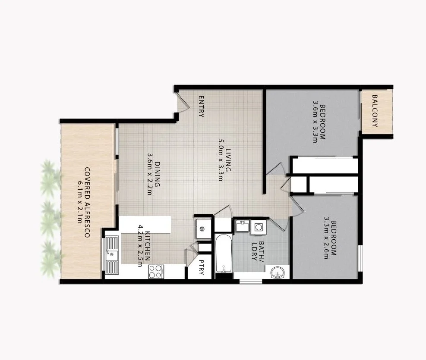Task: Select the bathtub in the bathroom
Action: pyautogui.click(x=224, y=254)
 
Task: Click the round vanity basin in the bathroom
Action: pyautogui.click(x=278, y=272)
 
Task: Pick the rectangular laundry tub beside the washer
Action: pyautogui.click(x=243, y=225)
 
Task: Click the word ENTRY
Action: pyautogui.click(x=201, y=106)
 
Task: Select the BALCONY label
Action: pyautogui.click(x=374, y=111)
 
